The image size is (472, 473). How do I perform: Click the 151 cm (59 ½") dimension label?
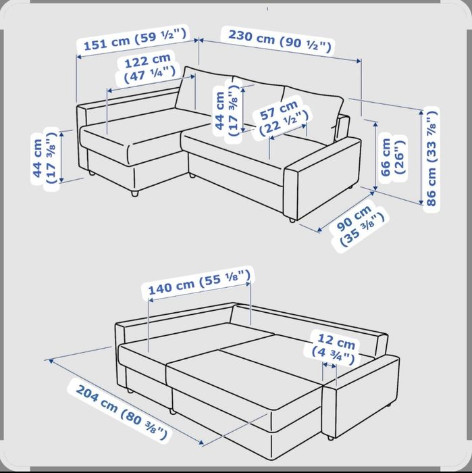135,39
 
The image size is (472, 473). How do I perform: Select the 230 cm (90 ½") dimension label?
280,40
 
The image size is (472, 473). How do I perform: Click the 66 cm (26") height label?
392,156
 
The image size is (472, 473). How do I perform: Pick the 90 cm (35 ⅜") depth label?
358,225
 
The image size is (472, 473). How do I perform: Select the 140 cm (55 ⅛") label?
199,282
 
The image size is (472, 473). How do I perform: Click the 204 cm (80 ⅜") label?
121,412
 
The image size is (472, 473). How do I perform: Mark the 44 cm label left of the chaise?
45,159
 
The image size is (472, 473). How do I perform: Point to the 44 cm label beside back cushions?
227,110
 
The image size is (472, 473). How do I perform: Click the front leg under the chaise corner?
134,193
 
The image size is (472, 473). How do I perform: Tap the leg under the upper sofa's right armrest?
292,220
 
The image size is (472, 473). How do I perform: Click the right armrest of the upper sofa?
323,178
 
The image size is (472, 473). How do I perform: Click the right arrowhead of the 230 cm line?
359,61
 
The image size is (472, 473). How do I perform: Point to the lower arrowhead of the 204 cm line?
201,442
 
